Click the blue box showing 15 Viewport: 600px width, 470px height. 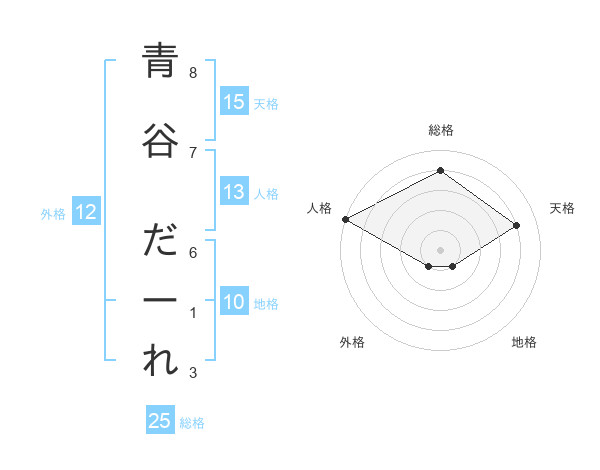click(x=234, y=102)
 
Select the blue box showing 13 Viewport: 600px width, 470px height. click(x=234, y=193)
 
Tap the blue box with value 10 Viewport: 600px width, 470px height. click(x=234, y=303)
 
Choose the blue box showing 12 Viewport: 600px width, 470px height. click(x=84, y=212)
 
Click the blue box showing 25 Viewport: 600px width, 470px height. click(x=160, y=421)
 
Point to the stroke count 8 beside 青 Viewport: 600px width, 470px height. click(x=193, y=73)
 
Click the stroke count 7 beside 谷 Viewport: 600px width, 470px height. click(x=193, y=152)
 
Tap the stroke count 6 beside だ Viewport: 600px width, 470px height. click(x=193, y=253)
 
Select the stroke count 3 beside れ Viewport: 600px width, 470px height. click(x=193, y=373)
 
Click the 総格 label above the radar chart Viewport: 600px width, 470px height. click(x=440, y=130)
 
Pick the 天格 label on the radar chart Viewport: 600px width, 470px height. click(x=562, y=208)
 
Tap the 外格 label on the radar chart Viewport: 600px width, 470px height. click(x=352, y=342)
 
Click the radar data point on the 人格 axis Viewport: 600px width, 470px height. click(x=345, y=218)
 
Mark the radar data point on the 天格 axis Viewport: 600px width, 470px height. click(x=516, y=225)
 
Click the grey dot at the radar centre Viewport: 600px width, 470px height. click(x=440, y=249)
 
